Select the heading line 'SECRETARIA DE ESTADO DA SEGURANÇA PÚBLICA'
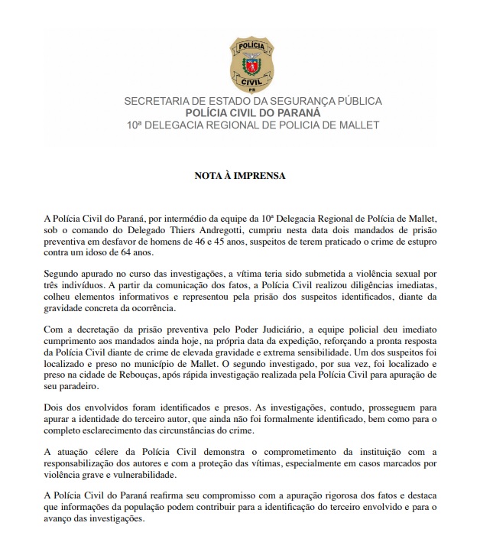click(x=242, y=101)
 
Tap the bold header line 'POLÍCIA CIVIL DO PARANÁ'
click(x=242, y=112)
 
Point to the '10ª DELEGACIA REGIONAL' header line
click(x=242, y=124)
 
